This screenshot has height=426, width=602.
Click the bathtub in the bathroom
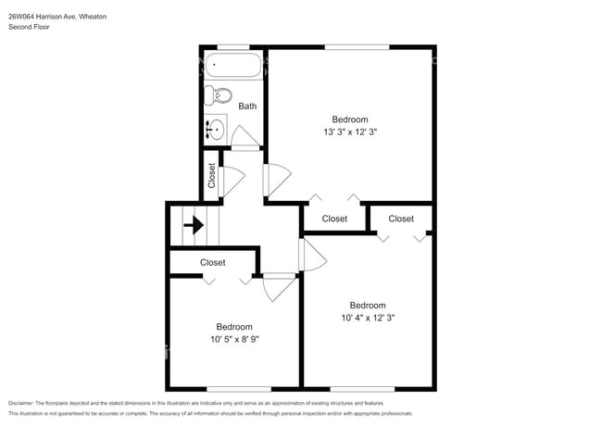click(233, 65)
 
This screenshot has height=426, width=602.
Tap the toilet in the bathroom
click(218, 95)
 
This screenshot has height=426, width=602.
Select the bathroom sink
click(216, 129)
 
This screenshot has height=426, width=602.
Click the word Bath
click(247, 106)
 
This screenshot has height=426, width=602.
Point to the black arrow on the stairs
click(194, 225)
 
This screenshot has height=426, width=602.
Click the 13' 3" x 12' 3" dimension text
click(350, 132)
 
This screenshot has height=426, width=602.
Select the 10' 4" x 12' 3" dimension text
click(368, 318)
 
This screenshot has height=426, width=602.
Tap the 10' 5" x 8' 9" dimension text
click(234, 339)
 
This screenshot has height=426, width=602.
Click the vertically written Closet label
click(211, 175)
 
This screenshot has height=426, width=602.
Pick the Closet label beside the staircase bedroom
click(212, 262)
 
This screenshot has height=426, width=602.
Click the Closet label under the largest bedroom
click(334, 219)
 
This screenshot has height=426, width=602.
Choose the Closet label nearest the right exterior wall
click(401, 219)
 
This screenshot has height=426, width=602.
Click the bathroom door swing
click(245, 136)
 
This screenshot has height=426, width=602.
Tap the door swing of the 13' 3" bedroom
click(278, 180)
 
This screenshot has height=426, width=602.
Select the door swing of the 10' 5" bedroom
click(280, 287)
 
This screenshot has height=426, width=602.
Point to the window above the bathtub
click(233, 47)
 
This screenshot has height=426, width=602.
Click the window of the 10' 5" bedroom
click(239, 389)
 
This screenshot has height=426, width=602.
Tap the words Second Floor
click(29, 27)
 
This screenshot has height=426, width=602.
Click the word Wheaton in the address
click(93, 17)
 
